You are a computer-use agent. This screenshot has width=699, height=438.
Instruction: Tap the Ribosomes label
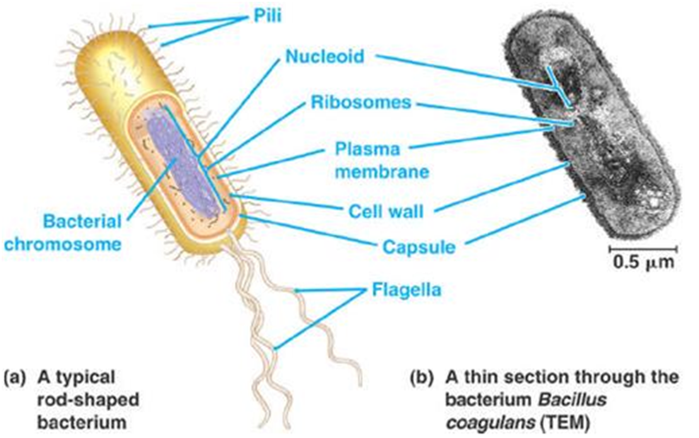tap(360, 102)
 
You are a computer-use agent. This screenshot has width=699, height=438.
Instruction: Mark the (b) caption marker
tap(424, 377)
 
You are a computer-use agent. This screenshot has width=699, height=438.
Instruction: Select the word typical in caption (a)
tap(91, 377)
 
